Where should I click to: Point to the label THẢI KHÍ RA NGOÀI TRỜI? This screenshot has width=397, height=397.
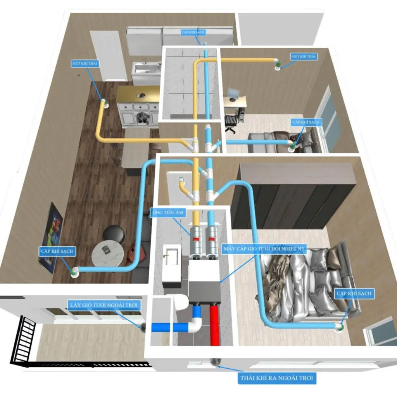pos(277,378)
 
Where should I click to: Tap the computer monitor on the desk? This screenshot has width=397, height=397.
pos(233,94)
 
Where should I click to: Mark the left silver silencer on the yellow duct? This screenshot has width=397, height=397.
pos(196,240)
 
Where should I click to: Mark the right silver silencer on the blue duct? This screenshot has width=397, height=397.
pos(212,240)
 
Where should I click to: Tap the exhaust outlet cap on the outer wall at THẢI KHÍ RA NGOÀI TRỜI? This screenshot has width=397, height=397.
pos(214,363)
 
